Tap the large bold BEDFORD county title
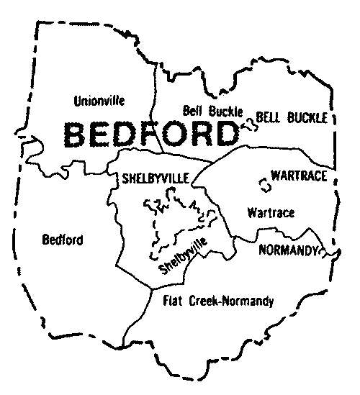pos(151,133)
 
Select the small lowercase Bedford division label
pos(63,240)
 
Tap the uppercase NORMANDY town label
pos(287,250)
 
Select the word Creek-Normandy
pos(234,301)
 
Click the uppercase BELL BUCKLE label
pos(292,117)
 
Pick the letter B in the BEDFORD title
pos(77,133)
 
